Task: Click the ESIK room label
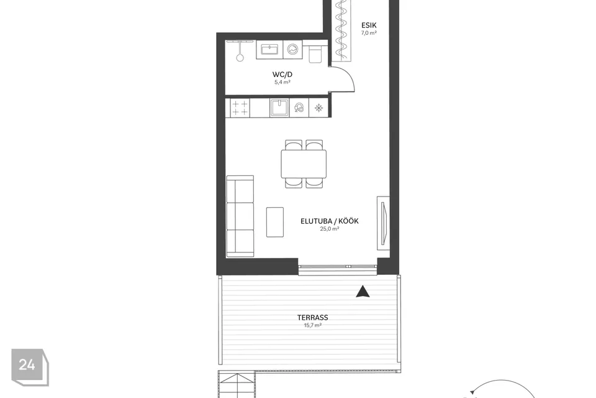[x=369, y=25]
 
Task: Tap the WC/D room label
[x=282, y=75]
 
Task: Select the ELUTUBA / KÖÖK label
[x=330, y=221]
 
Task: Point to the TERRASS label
[x=312, y=317]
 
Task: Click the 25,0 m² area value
[x=330, y=229]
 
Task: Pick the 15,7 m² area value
[x=312, y=325]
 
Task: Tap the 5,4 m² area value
[x=282, y=82]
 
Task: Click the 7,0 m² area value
[x=369, y=33]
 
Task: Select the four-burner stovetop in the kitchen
[x=240, y=108]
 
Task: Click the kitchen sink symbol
[x=279, y=108]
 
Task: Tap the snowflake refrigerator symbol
[x=318, y=108]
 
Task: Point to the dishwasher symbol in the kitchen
[x=299, y=108]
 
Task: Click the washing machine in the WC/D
[x=292, y=50]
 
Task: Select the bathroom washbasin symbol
[x=269, y=50]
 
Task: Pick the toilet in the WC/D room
[x=315, y=53]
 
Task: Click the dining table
[x=304, y=164]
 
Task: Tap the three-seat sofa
[x=240, y=216]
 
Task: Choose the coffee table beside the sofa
[x=275, y=222]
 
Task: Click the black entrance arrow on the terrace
[x=363, y=292]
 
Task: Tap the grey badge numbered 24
[x=30, y=366]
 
